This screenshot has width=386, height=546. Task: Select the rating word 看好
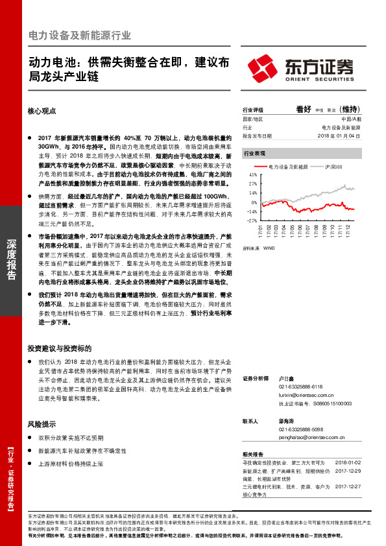pyautogui.click(x=303, y=109)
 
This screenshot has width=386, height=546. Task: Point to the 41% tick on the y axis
pyautogui.click(x=252, y=175)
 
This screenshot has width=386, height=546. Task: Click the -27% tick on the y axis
pyautogui.click(x=252, y=220)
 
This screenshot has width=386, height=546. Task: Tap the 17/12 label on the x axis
pyautogui.click(x=350, y=231)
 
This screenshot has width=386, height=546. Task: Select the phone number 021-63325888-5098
pyautogui.click(x=301, y=429)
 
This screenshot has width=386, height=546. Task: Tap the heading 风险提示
pyautogui.click(x=40, y=424)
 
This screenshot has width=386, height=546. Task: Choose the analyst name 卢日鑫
pyautogui.click(x=287, y=377)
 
